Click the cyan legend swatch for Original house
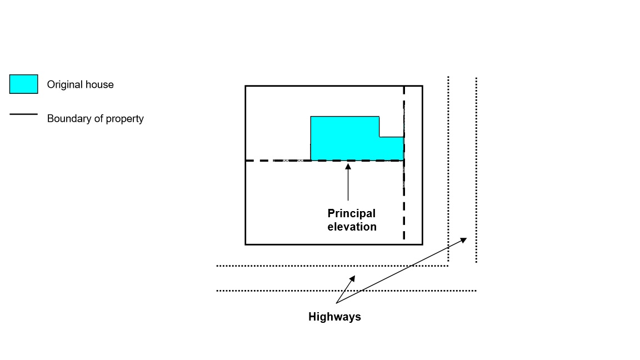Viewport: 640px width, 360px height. (24, 84)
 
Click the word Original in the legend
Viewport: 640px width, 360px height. (63, 85)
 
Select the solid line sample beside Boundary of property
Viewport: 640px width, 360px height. (24, 114)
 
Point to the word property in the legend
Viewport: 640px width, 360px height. (125, 119)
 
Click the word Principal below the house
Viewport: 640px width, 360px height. (351, 213)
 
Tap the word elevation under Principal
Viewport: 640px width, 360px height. (352, 227)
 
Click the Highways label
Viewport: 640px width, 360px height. (334, 317)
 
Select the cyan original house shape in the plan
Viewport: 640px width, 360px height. (344, 139)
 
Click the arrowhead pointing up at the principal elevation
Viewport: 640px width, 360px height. (348, 164)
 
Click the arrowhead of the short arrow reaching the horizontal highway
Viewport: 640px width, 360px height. (352, 277)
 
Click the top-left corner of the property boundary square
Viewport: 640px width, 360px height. (246, 86)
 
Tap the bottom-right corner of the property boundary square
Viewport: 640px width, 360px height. (422, 244)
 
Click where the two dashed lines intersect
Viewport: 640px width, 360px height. (404, 161)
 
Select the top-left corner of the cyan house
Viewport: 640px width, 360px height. (311, 117)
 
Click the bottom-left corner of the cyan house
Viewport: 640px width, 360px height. (311, 160)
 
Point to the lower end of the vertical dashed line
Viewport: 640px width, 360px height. (404, 239)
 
